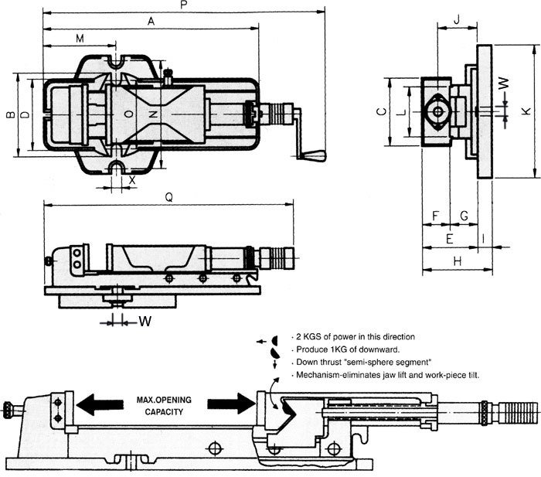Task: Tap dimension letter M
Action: click(80, 39)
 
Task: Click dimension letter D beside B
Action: click(25, 115)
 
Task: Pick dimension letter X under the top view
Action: click(132, 179)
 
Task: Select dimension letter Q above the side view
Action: click(168, 197)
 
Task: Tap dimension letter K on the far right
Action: click(526, 111)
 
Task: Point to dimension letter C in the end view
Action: click(379, 112)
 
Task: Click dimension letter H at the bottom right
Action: click(457, 262)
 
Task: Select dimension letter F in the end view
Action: click(436, 214)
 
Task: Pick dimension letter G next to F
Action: click(464, 214)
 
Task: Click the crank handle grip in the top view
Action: click(315, 155)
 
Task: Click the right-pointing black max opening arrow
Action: click(229, 404)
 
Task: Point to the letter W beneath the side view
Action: click(144, 320)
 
